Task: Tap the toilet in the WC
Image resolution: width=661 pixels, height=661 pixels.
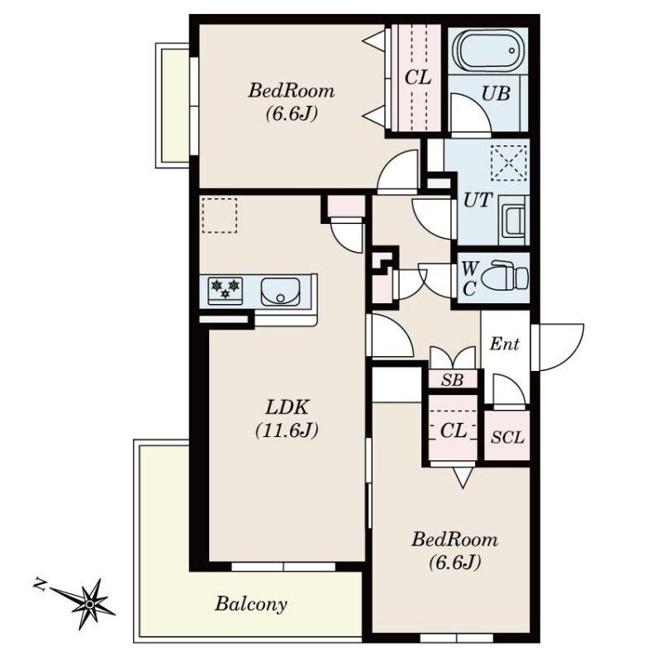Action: tap(504, 276)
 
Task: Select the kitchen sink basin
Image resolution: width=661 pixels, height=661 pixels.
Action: tap(280, 291)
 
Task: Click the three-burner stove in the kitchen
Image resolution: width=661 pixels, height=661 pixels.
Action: tap(226, 291)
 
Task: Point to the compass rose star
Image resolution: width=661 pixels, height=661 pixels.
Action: tap(89, 605)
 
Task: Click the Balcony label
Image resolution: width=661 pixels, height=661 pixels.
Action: tap(251, 604)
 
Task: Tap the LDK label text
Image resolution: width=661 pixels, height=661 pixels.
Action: tap(287, 407)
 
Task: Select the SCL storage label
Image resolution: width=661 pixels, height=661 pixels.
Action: tap(507, 437)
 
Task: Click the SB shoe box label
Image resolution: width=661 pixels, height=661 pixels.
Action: tap(452, 381)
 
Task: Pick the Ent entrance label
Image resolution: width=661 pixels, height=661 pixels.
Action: tap(504, 345)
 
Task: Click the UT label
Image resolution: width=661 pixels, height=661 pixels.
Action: tap(478, 200)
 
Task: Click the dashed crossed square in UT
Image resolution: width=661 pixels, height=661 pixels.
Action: tap(509, 162)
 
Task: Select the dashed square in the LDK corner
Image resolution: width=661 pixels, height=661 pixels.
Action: tap(219, 216)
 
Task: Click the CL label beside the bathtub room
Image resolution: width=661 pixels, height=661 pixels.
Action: tap(418, 78)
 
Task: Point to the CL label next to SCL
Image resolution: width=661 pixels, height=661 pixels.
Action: tap(453, 430)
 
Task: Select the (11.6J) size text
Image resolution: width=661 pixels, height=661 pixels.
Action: tap(287, 430)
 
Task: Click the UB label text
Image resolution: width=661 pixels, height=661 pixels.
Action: tap(496, 93)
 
